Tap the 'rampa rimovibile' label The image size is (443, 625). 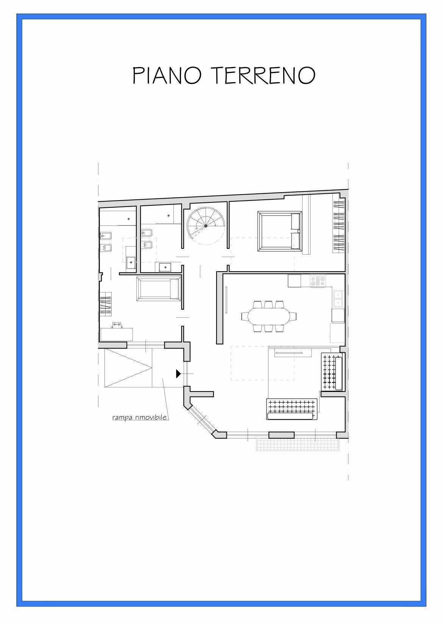[140, 418]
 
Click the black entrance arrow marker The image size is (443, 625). [178, 374]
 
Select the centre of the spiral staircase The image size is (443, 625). [206, 226]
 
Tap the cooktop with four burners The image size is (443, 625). [318, 281]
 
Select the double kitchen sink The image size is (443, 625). [338, 298]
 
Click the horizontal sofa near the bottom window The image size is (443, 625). [291, 409]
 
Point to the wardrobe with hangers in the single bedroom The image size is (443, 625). [106, 304]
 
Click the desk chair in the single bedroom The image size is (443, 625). [117, 325]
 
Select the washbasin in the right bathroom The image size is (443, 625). [165, 267]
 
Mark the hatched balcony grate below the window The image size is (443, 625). [298, 445]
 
